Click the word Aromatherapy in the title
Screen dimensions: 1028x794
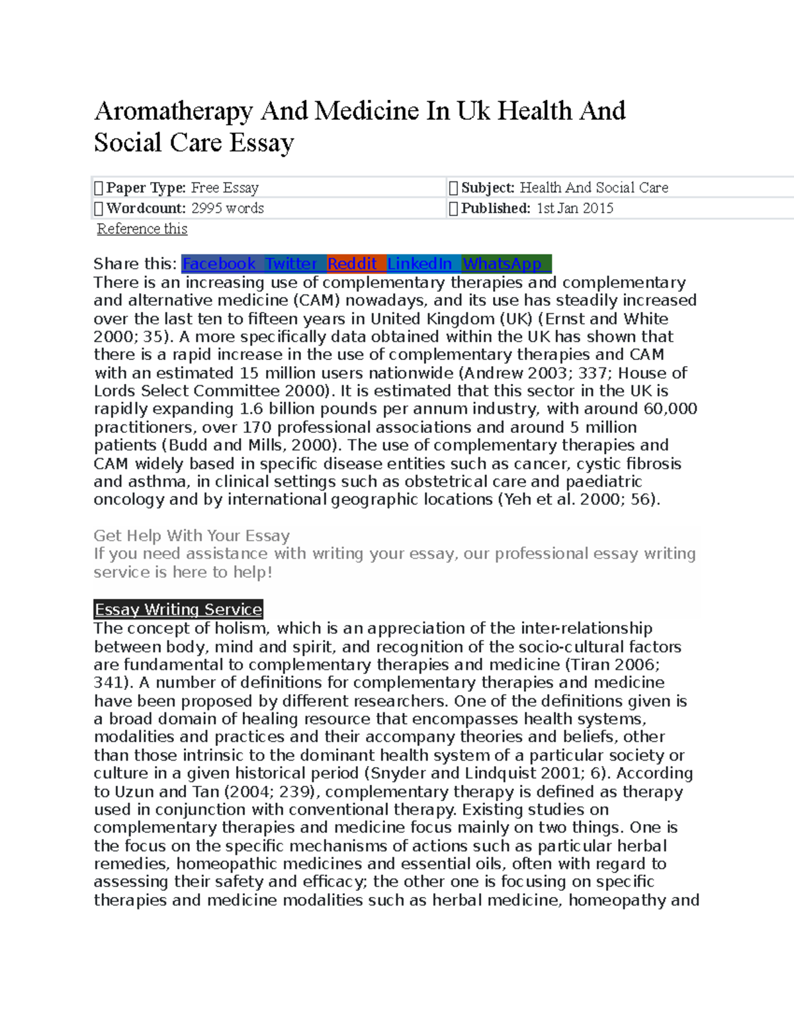coord(173,111)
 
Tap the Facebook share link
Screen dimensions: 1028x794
coord(219,264)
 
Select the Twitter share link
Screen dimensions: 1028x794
coord(291,264)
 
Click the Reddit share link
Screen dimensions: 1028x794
coord(352,264)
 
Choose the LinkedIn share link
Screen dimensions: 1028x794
coord(419,264)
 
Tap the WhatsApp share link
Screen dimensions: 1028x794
coord(502,264)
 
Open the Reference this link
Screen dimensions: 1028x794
coord(142,229)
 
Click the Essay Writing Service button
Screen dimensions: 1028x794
coord(179,610)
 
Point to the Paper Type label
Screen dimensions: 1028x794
coord(146,188)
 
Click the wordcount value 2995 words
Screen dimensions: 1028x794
coord(228,209)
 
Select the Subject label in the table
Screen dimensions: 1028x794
coord(488,188)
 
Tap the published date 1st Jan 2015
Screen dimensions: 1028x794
coord(574,209)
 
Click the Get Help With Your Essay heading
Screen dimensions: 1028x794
coord(192,536)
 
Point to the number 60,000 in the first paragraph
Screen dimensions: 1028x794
coord(670,409)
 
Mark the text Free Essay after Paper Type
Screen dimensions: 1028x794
coord(225,188)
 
